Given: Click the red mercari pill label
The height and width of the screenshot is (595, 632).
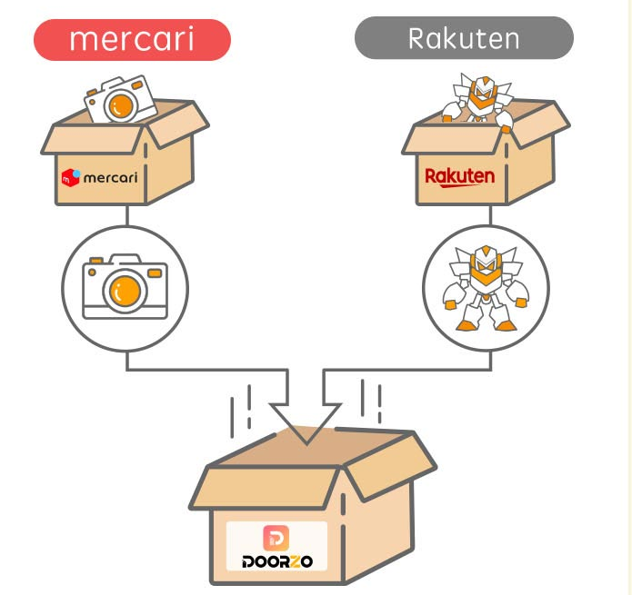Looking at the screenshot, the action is [x=132, y=39].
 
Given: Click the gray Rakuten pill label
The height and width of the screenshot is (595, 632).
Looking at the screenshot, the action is [x=464, y=38].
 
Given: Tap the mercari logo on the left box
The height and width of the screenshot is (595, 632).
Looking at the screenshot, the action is [x=99, y=177].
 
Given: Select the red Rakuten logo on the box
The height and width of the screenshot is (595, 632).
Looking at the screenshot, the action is [x=460, y=177].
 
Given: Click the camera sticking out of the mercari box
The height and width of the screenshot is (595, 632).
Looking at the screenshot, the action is [x=120, y=99].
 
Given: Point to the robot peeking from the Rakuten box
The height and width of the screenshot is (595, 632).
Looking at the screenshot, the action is [x=478, y=98].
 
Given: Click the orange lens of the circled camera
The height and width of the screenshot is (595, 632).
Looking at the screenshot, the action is [x=125, y=291].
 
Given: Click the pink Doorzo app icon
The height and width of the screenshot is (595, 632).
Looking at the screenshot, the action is [x=276, y=538].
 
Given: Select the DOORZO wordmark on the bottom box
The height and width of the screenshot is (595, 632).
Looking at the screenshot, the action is [x=277, y=561].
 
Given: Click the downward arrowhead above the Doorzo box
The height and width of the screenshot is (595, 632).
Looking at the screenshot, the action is [x=306, y=423].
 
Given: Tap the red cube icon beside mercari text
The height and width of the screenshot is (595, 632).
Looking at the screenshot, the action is [x=70, y=177].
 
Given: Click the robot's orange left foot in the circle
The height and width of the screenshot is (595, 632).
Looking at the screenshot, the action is [x=465, y=325].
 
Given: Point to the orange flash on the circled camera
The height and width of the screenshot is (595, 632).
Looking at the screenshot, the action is [x=155, y=273].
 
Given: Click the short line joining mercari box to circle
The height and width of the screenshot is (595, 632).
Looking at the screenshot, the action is [x=127, y=215].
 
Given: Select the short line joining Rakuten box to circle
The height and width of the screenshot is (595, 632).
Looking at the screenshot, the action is [x=490, y=215].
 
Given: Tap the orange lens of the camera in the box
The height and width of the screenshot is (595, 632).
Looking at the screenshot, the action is [x=121, y=106].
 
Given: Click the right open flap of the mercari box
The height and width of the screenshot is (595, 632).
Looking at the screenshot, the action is [x=178, y=124].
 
